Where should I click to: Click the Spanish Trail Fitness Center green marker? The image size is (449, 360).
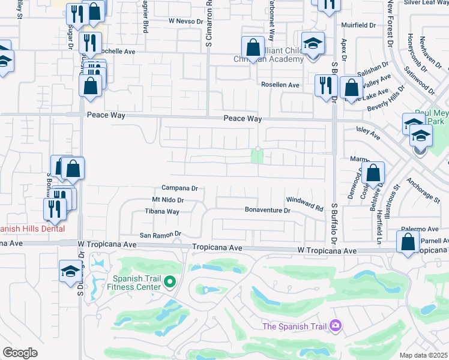tap(170, 281)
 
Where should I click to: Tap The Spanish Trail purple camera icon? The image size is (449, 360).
tap(336, 326)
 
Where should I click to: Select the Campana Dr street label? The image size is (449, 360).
tap(179, 188)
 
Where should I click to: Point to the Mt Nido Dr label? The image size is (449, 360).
tap(167, 200)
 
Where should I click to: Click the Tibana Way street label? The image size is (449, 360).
tap(162, 212)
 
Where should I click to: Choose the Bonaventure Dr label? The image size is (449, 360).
tap(267, 211)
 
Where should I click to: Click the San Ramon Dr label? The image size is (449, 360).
tap(160, 235)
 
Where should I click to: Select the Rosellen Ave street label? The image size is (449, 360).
tap(280, 85)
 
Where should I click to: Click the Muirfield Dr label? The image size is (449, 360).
tap(358, 26)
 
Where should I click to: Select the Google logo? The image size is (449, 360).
tap(20, 353)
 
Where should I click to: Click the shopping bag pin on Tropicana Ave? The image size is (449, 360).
tap(408, 242)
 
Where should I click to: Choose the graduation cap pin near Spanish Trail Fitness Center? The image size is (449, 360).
tap(70, 271)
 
